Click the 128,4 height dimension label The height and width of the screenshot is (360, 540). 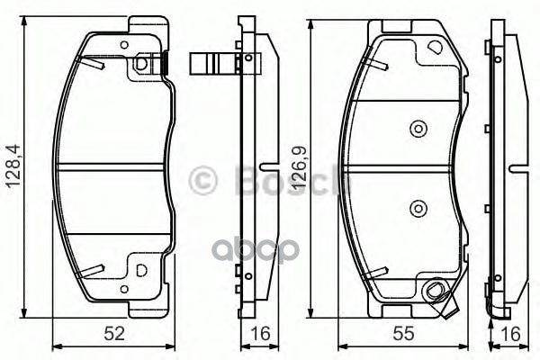pyautogui.click(x=15, y=166)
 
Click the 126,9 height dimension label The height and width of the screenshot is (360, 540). pyautogui.click(x=300, y=166)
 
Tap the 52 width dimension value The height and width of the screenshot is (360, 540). pyautogui.click(x=114, y=334)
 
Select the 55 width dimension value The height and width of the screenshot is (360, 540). pyautogui.click(x=404, y=334)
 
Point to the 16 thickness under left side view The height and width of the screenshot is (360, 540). pyautogui.click(x=261, y=334)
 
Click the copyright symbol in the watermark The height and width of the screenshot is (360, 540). pyautogui.click(x=203, y=180)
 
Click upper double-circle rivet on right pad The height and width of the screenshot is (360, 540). pyautogui.click(x=418, y=129)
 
